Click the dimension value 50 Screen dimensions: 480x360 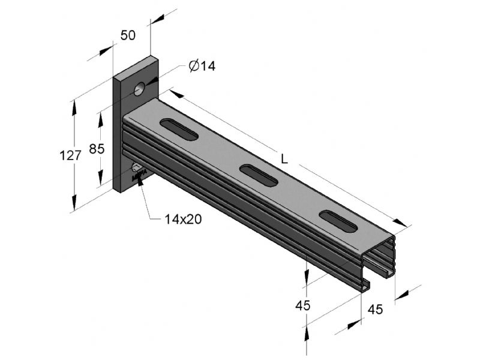[128, 35]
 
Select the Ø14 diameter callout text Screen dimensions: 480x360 [202, 66]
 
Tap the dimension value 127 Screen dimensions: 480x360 [70, 156]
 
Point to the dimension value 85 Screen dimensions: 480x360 [97, 149]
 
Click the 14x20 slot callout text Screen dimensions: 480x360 [183, 219]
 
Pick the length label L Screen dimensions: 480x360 [284, 158]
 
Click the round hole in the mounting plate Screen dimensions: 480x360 [139, 89]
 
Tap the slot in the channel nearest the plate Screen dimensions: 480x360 [179, 129]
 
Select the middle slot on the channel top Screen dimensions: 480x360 [259, 175]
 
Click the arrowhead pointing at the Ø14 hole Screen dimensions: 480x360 [152, 81]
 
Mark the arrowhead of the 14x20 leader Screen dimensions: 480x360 [140, 181]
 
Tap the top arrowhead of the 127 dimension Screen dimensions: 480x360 [74, 108]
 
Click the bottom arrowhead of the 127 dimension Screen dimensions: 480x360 [74, 203]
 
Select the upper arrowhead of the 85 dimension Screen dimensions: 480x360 [100, 120]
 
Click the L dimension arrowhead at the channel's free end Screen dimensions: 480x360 [400, 223]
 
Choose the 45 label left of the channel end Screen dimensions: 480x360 [303, 305]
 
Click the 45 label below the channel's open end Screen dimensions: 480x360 [376, 310]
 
